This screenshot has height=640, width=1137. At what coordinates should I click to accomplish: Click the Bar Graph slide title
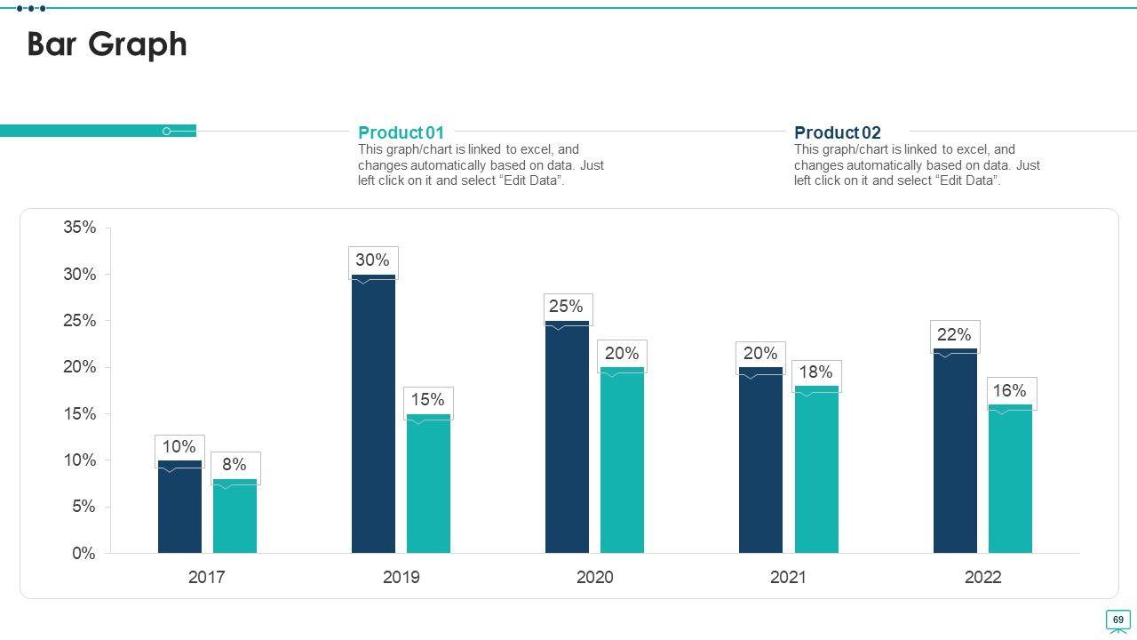tap(107, 44)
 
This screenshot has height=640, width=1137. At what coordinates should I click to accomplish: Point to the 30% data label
tap(372, 260)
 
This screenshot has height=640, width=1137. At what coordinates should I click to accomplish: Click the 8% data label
tap(235, 465)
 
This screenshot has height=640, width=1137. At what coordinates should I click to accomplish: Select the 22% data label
tap(954, 335)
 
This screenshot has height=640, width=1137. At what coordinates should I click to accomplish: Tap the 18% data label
tap(815, 372)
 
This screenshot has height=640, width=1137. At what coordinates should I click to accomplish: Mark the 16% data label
tap(1010, 391)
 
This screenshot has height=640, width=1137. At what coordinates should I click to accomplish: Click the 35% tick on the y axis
tap(80, 228)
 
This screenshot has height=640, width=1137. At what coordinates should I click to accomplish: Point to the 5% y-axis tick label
tap(83, 507)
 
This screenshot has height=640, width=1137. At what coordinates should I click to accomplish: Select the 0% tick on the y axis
tap(83, 554)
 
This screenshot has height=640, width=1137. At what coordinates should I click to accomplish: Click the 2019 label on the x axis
tap(402, 577)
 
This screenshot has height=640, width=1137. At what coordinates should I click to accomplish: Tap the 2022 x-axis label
tap(982, 577)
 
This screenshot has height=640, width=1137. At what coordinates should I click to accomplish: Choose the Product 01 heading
tap(401, 133)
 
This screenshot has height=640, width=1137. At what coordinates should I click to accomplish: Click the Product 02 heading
tap(837, 133)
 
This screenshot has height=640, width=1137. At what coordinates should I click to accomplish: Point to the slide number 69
tap(1117, 620)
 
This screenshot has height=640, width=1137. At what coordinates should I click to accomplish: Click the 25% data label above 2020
tap(566, 307)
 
